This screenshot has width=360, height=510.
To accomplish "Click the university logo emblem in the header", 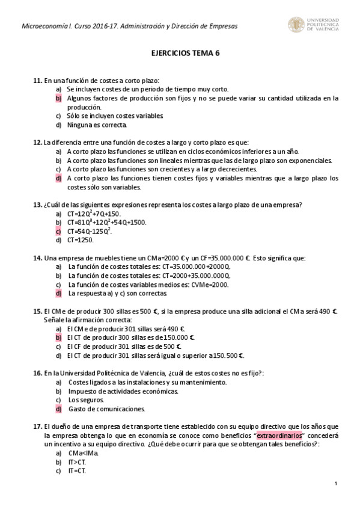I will [296, 25].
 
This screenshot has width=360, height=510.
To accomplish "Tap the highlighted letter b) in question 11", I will [59, 97].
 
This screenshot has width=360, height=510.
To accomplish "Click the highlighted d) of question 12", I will [59, 178].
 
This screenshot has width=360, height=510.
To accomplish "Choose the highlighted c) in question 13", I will [59, 231].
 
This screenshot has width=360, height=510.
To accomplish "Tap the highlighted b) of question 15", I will [59, 338].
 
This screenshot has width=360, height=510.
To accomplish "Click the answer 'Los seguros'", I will [82, 400].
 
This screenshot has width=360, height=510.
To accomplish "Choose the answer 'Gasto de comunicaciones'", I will [106, 409].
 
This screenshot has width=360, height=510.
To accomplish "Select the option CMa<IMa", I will [84, 453].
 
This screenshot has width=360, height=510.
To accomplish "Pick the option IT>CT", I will [77, 462].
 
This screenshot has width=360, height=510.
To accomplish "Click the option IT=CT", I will [77, 471].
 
